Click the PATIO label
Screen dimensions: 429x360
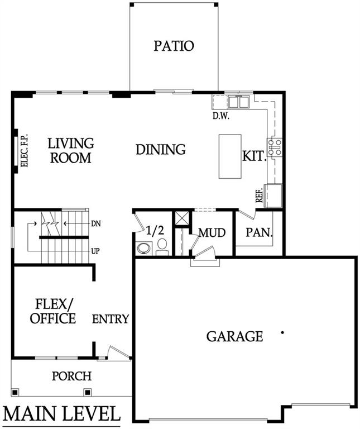click(174, 46)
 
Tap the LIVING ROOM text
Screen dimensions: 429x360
click(70, 151)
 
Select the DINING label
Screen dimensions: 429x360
click(161, 150)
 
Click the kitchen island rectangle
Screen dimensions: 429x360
click(229, 156)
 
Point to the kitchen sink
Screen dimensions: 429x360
click(238, 102)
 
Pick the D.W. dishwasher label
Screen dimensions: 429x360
click(222, 116)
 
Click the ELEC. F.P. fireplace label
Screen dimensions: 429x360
click(24, 151)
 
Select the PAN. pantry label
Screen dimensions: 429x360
click(259, 231)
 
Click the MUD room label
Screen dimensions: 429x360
click(212, 232)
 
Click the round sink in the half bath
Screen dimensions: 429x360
click(143, 248)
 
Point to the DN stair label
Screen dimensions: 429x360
click(95, 223)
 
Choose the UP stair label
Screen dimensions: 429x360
click(95, 251)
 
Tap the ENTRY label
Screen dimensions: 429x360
click(111, 319)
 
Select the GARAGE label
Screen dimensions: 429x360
click(234, 336)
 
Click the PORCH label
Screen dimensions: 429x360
click(71, 376)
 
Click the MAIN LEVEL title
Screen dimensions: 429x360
click(62, 414)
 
